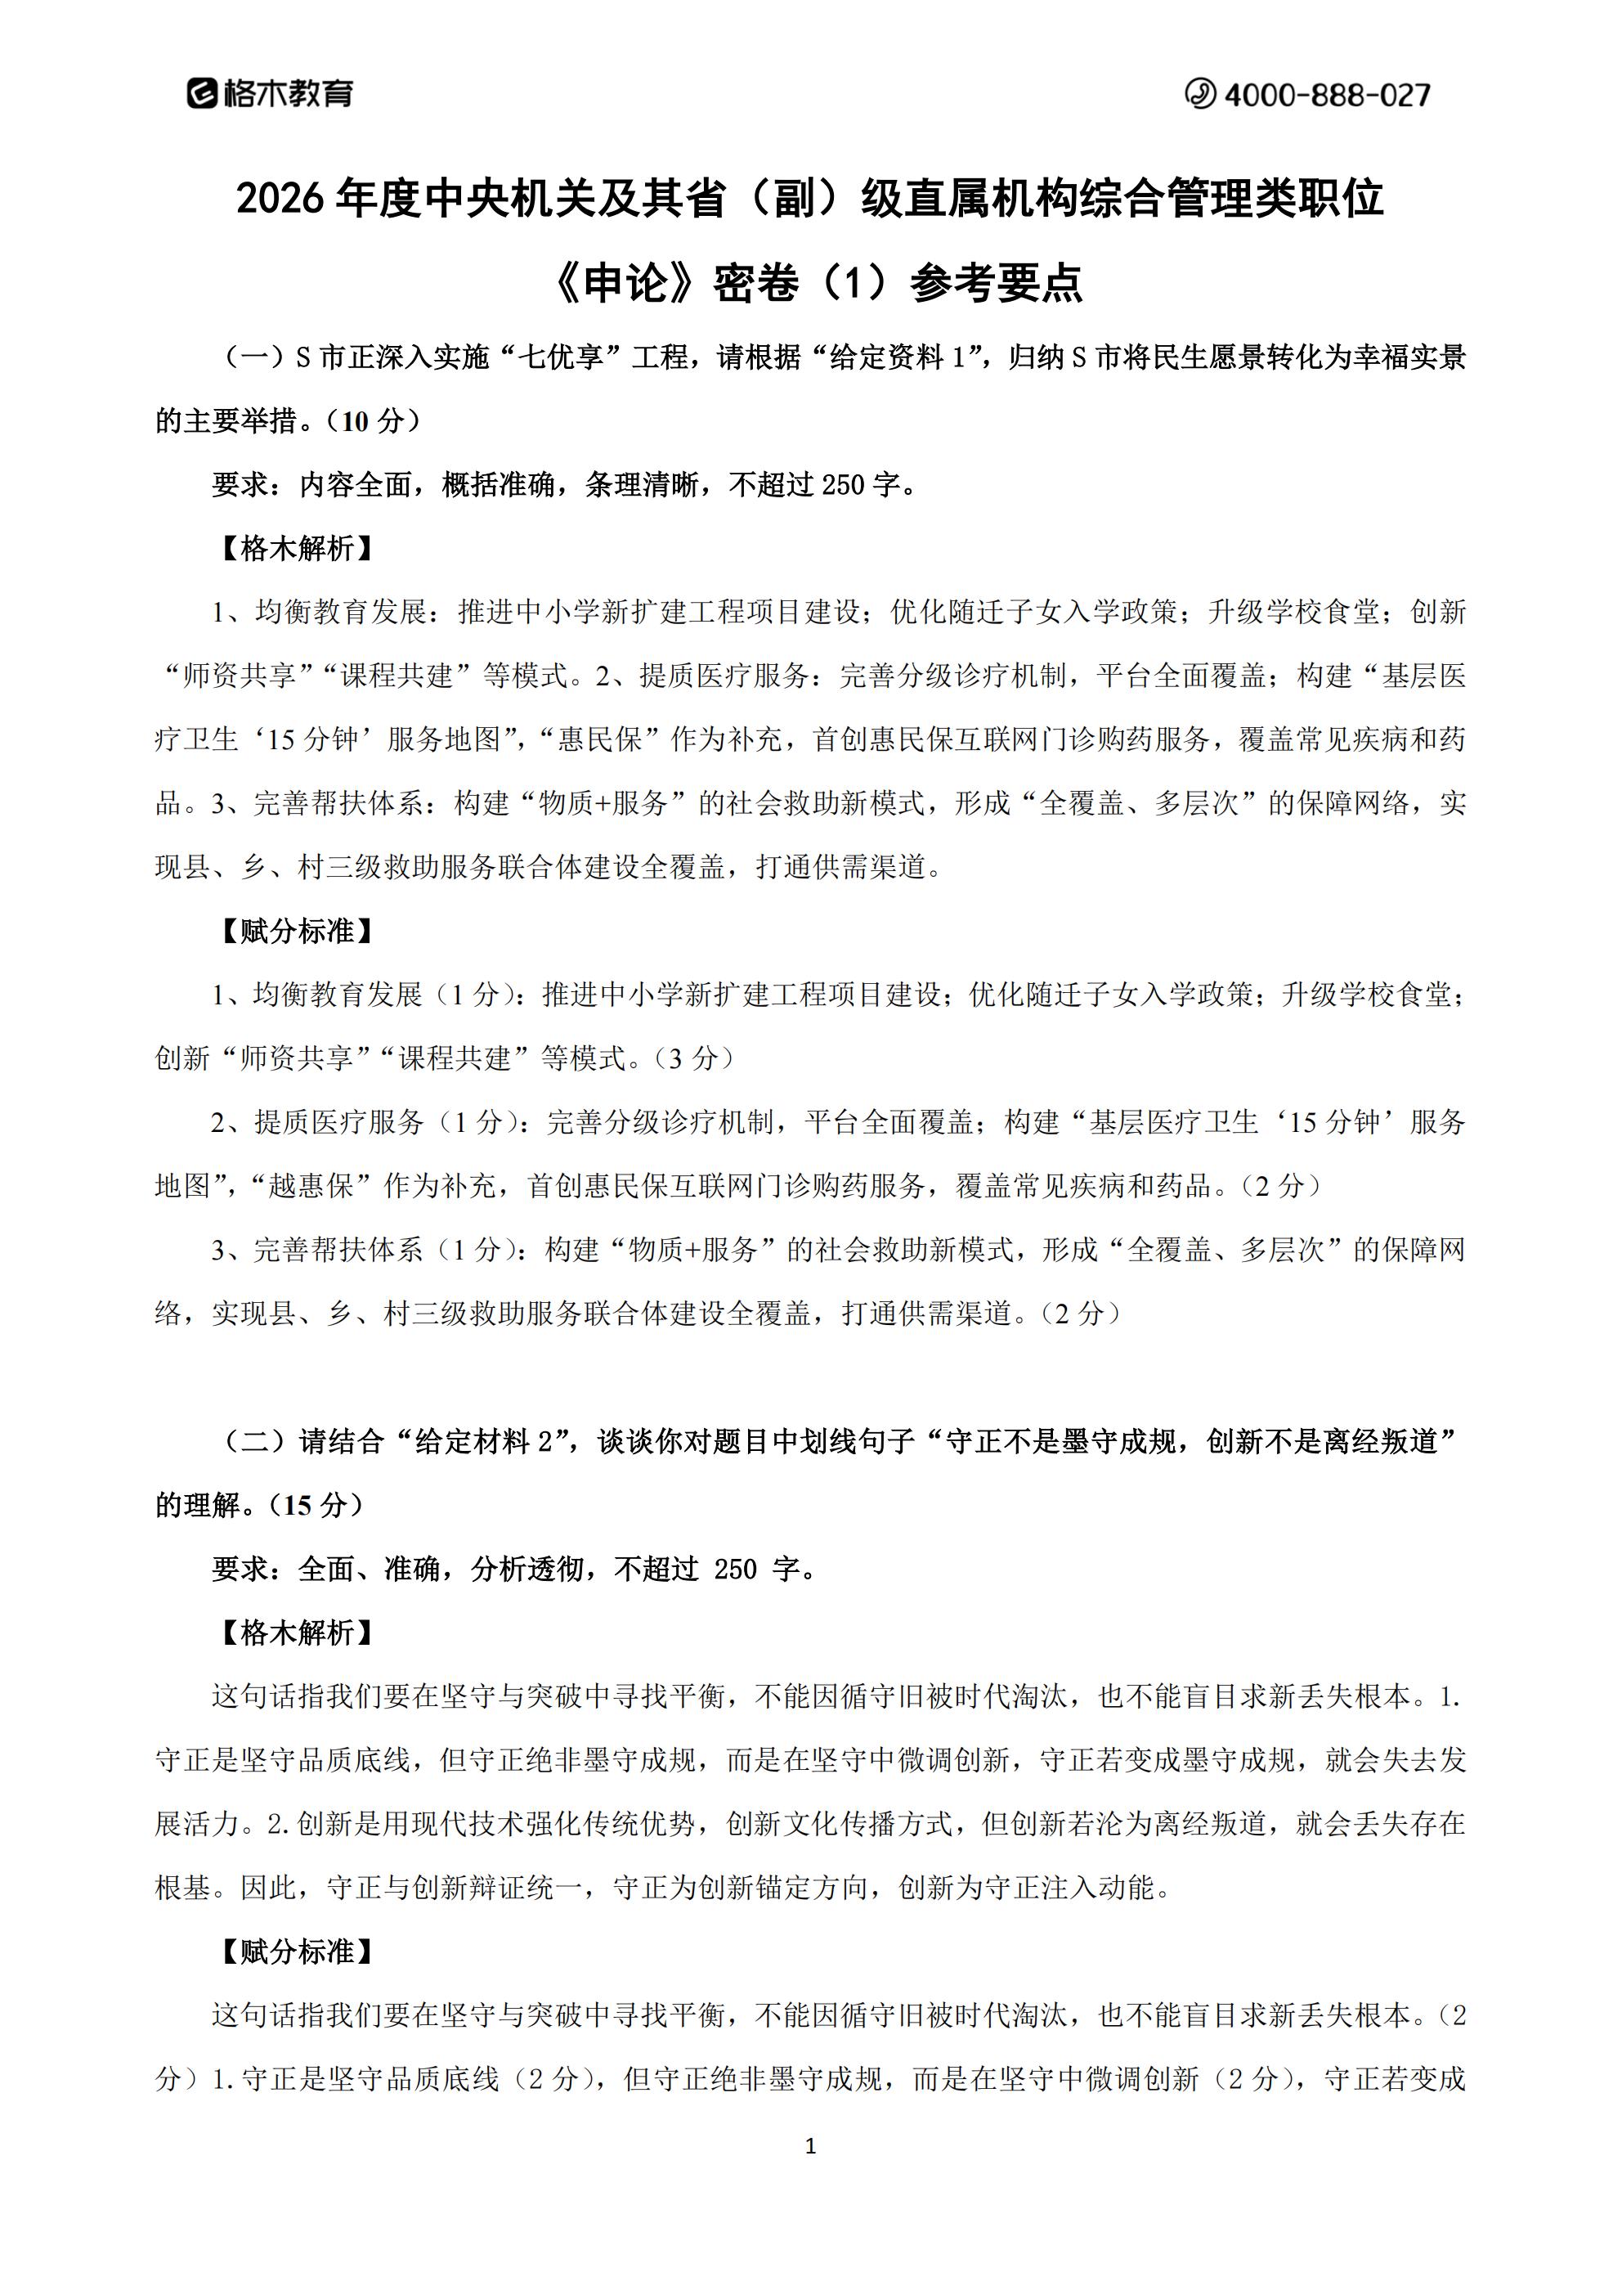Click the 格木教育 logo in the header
tap(270, 94)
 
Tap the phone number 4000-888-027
tap(1326, 95)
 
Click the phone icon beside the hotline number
tap(1199, 94)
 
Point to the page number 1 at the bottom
tap(810, 2145)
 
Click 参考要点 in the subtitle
tap(997, 284)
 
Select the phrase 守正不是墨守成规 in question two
tap(1060, 1441)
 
